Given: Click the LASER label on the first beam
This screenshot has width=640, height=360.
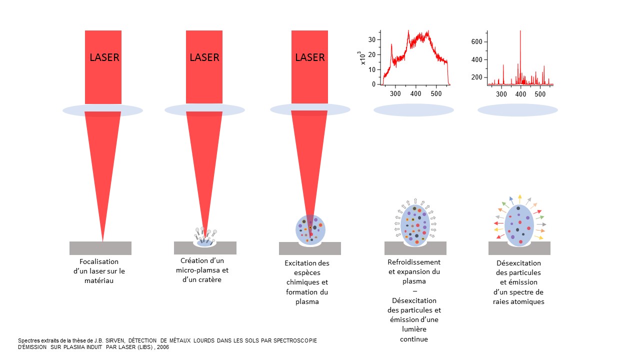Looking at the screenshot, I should tap(104, 57).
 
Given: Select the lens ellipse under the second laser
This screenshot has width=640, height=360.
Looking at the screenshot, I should tap(204, 109).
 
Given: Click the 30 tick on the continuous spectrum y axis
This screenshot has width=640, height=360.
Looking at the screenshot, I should tap(372, 39).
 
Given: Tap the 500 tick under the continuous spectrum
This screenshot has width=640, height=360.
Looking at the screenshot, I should tap(436, 93).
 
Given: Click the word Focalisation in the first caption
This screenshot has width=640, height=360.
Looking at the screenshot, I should tap(99, 261).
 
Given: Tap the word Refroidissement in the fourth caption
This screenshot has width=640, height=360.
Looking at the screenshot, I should tap(414, 262).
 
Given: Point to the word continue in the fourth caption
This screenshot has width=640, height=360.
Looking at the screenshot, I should tap(413, 339).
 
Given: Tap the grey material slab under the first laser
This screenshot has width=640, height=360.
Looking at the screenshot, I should tap(100, 248).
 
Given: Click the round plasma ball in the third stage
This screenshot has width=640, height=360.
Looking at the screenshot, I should tap(310, 229).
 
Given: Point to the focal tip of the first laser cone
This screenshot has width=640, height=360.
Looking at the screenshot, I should tap(103, 240).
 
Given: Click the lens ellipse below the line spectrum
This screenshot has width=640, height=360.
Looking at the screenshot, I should tap(517, 110).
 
